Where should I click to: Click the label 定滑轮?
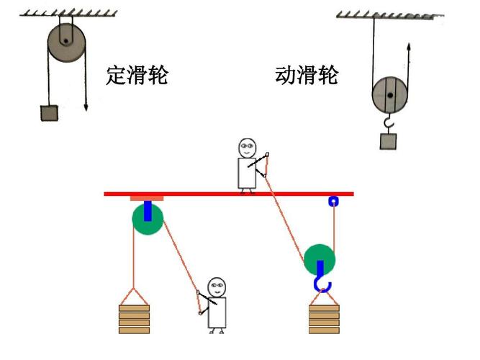pyautogui.click(x=137, y=75)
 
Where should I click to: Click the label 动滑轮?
pyautogui.click(x=306, y=75)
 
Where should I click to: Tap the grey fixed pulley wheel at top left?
pyautogui.click(x=66, y=42)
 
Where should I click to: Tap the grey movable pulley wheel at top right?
pyautogui.click(x=390, y=95)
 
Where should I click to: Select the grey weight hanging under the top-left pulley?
pyautogui.click(x=48, y=114)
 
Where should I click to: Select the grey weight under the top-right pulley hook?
pyautogui.click(x=389, y=140)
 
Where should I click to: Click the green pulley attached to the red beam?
pyautogui.click(x=148, y=218)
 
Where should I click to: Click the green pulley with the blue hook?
pyautogui.click(x=320, y=259)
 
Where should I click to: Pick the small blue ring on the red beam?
pyautogui.click(x=333, y=202)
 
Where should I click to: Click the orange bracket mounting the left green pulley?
pyautogui.click(x=147, y=198)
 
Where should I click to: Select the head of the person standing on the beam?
pyautogui.click(x=248, y=148)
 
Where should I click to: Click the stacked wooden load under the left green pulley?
pyautogui.click(x=134, y=318)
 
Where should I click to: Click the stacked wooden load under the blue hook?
pyautogui.click(x=324, y=318)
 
